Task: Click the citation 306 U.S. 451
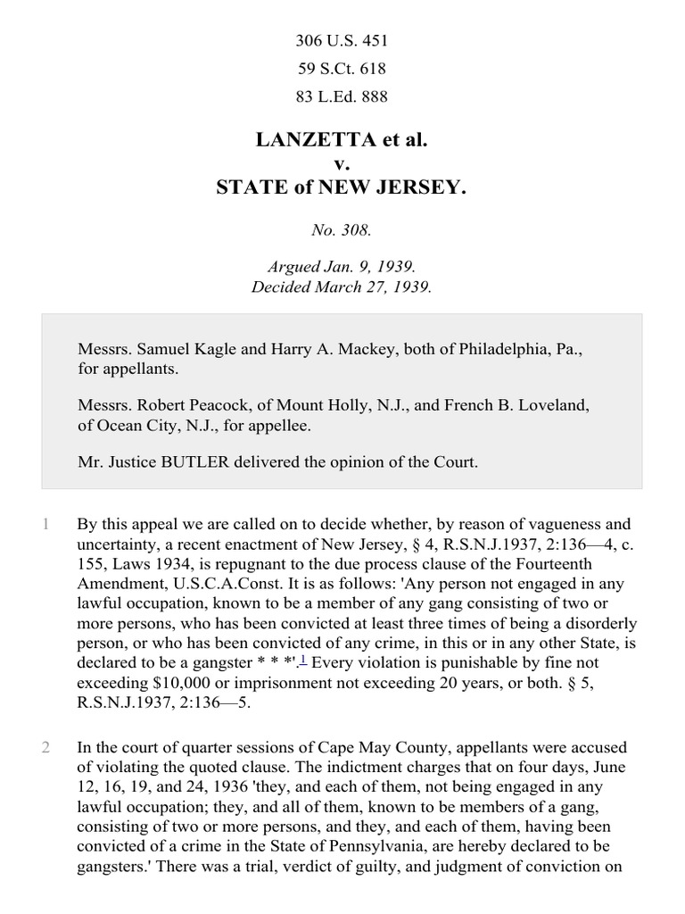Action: tap(342, 40)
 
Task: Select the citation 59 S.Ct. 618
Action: tap(342, 68)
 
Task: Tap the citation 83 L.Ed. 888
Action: tap(342, 96)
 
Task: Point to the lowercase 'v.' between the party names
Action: tap(342, 164)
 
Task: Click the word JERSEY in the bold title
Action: tap(423, 188)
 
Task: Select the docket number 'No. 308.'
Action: tap(342, 229)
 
